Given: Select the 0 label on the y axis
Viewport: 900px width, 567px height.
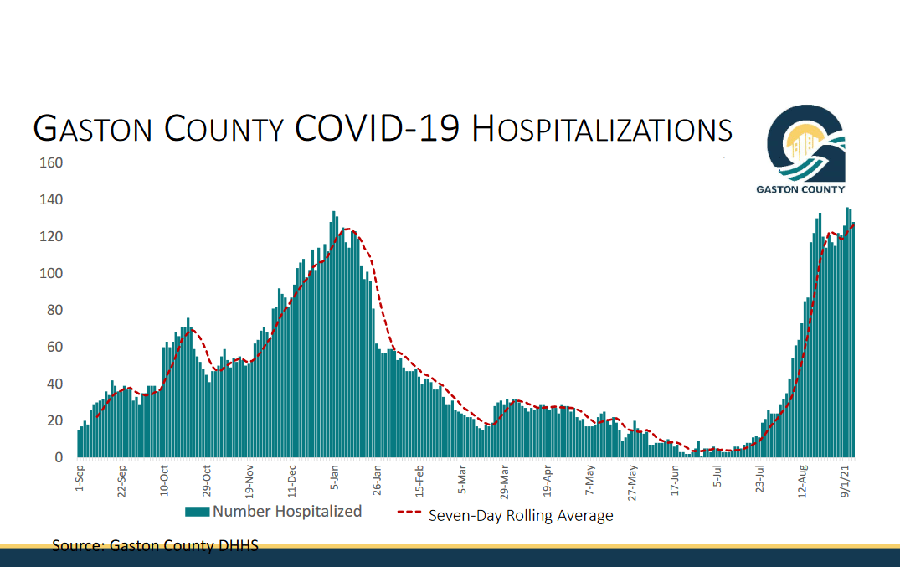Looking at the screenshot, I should tap(59, 457).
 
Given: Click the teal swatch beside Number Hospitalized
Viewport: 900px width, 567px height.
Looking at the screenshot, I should tap(198, 512).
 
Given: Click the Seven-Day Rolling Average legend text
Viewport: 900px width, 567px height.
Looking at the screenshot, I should tap(521, 516).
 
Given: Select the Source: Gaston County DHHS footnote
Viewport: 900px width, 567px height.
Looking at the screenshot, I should tap(155, 546).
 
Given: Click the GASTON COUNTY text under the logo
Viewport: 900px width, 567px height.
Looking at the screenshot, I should tap(800, 189).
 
